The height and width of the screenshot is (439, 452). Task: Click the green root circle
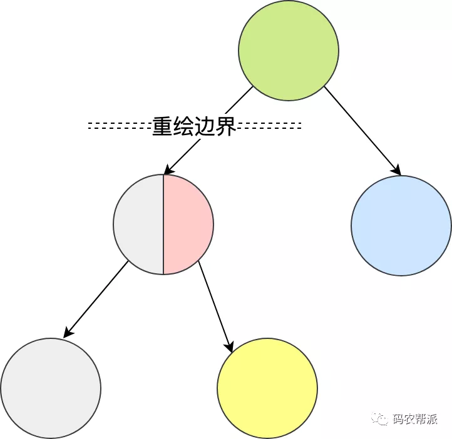pyautogui.click(x=289, y=50)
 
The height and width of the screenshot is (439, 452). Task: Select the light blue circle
pyautogui.click(x=401, y=225)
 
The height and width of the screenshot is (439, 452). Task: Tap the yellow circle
pyautogui.click(x=267, y=388)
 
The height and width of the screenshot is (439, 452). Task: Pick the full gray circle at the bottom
pyautogui.click(x=51, y=388)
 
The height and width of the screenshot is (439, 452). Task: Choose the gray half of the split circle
pyautogui.click(x=139, y=224)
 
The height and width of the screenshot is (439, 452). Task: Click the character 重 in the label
pyautogui.click(x=162, y=126)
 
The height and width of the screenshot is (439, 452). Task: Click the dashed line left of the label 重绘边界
pyautogui.click(x=119, y=126)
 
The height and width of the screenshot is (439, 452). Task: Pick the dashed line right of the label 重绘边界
pyautogui.click(x=269, y=126)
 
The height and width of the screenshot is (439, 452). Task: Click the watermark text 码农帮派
pyautogui.click(x=415, y=420)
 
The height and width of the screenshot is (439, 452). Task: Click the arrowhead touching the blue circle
pyautogui.click(x=396, y=170)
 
